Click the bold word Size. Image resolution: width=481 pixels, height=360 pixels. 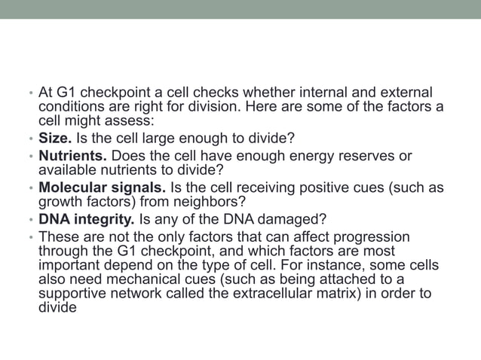[x=54, y=140]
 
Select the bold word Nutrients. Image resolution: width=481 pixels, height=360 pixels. [x=72, y=156]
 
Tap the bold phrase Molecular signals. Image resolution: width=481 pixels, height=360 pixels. [x=96, y=188]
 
